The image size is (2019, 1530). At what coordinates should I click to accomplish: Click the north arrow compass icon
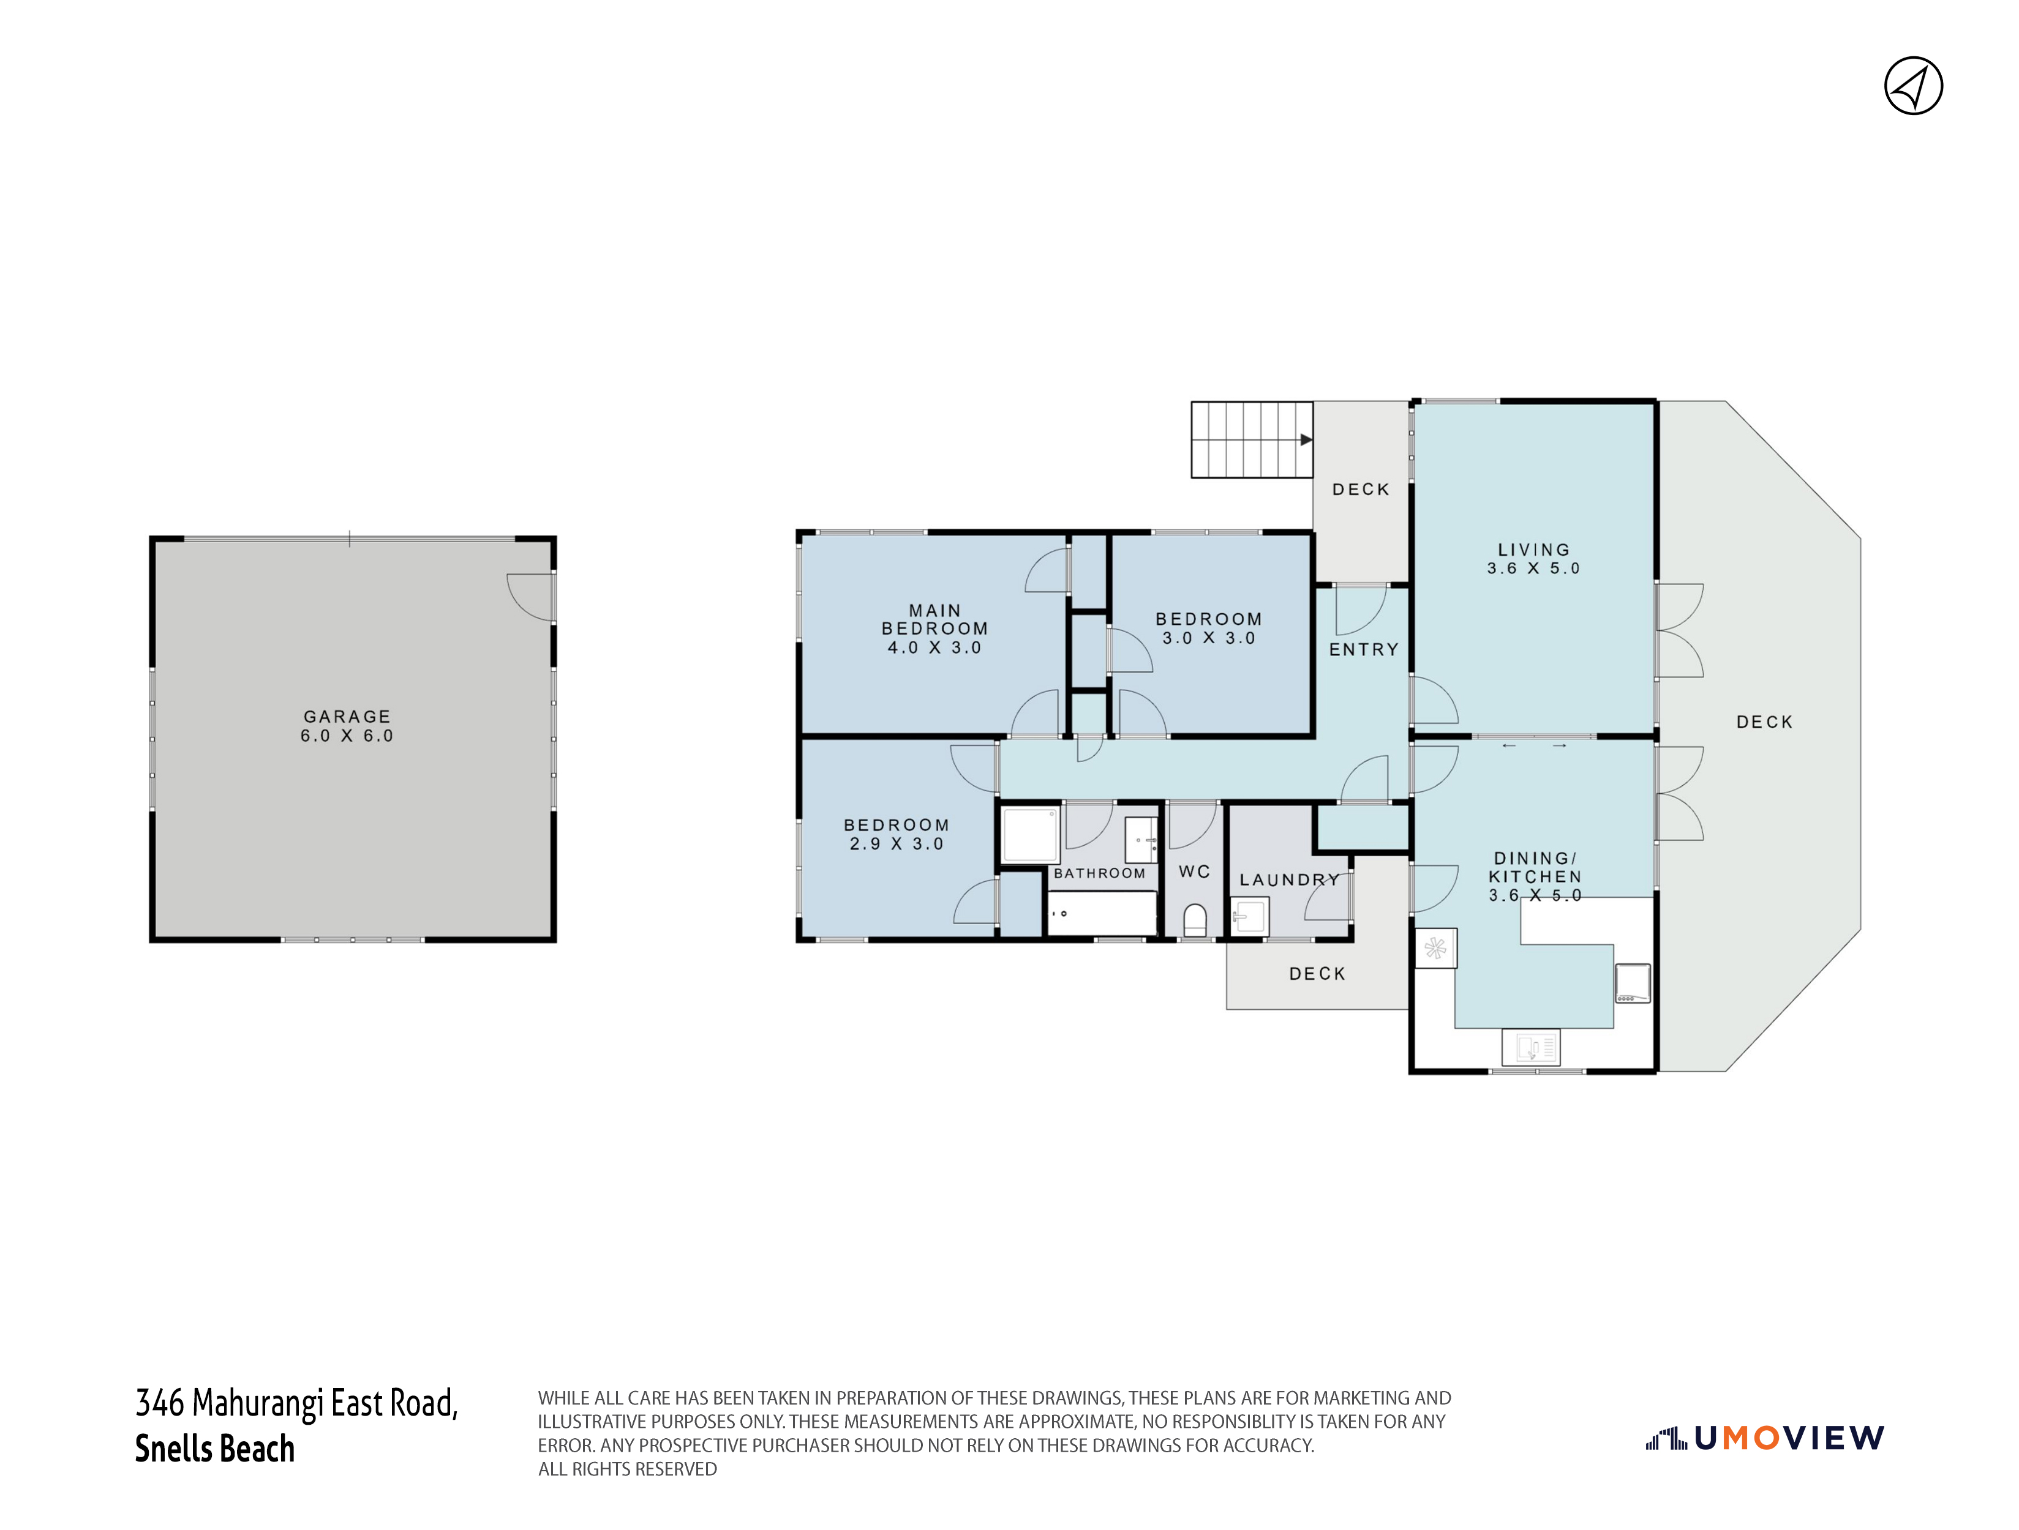coord(1913,86)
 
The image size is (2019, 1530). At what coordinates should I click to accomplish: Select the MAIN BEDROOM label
coord(934,619)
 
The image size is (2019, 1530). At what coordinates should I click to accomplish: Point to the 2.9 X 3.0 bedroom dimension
coord(897,844)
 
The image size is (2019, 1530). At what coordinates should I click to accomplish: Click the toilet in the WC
coord(1195,920)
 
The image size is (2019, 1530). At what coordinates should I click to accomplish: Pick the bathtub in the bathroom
coord(1102,913)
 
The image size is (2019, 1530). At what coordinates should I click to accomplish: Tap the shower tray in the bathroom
coord(1031,834)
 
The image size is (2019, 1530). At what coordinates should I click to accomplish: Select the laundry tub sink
coord(1250,916)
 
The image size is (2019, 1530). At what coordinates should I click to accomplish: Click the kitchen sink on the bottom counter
coord(1531,1047)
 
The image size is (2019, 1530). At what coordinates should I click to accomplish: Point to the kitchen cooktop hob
coord(1632,983)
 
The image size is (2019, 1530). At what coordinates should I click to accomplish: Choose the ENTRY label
coord(1364,649)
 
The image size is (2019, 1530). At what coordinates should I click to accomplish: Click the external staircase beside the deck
coord(1251,440)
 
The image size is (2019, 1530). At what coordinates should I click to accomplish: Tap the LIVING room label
coord(1533,550)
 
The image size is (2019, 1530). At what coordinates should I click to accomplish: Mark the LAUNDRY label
coord(1290,881)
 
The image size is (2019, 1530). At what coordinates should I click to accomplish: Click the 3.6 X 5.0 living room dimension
coord(1533,569)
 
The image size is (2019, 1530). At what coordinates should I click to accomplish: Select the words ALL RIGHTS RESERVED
coord(627,1469)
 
